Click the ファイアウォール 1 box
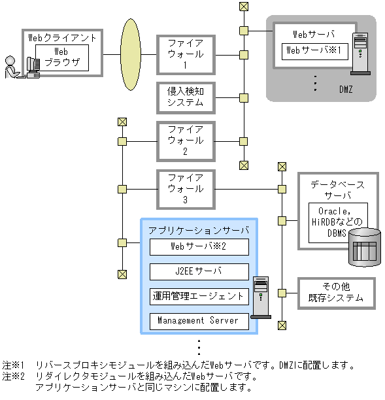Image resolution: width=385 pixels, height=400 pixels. click(185, 55)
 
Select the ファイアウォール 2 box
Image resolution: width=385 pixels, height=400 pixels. click(185, 141)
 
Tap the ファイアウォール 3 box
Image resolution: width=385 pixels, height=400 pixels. click(185, 189)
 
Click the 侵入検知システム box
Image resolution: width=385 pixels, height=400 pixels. click(185, 97)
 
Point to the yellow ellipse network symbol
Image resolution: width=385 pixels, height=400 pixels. click(131, 55)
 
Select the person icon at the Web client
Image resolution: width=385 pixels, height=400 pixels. click(11, 67)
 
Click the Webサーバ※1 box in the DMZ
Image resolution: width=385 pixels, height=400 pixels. click(314, 50)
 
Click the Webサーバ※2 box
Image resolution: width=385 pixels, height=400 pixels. click(199, 246)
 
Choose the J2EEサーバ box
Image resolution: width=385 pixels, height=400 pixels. click(199, 271)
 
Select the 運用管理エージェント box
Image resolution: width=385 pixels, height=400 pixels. click(199, 296)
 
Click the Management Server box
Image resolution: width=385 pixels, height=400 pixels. click(199, 321)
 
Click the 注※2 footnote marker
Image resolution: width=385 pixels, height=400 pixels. click(13, 376)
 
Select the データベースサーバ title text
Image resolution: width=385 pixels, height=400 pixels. click(337, 190)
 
